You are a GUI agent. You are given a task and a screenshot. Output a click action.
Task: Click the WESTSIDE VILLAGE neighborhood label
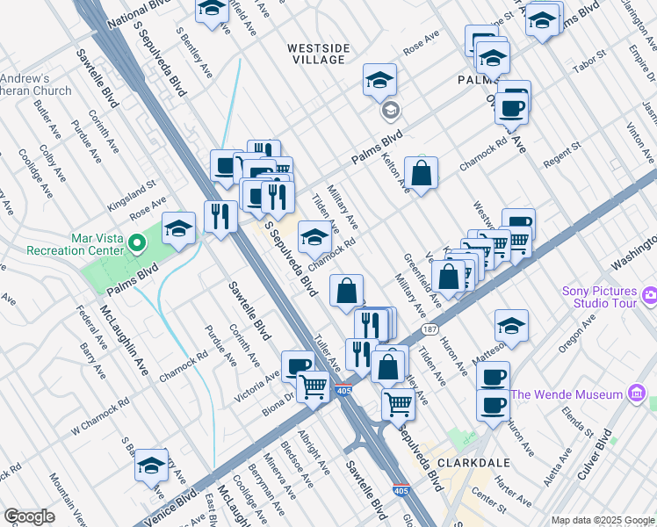point(317,52)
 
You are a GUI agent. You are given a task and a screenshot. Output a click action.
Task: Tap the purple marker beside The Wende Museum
point(636,394)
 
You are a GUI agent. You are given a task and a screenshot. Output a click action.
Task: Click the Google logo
point(28,516)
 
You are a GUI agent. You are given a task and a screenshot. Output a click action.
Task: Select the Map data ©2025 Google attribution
point(603,520)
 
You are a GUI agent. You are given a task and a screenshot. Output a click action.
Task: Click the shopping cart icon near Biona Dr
point(313,386)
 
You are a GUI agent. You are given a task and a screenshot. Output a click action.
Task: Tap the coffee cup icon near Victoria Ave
point(298,365)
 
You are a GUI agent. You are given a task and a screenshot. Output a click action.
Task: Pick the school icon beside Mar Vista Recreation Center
point(178,230)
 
